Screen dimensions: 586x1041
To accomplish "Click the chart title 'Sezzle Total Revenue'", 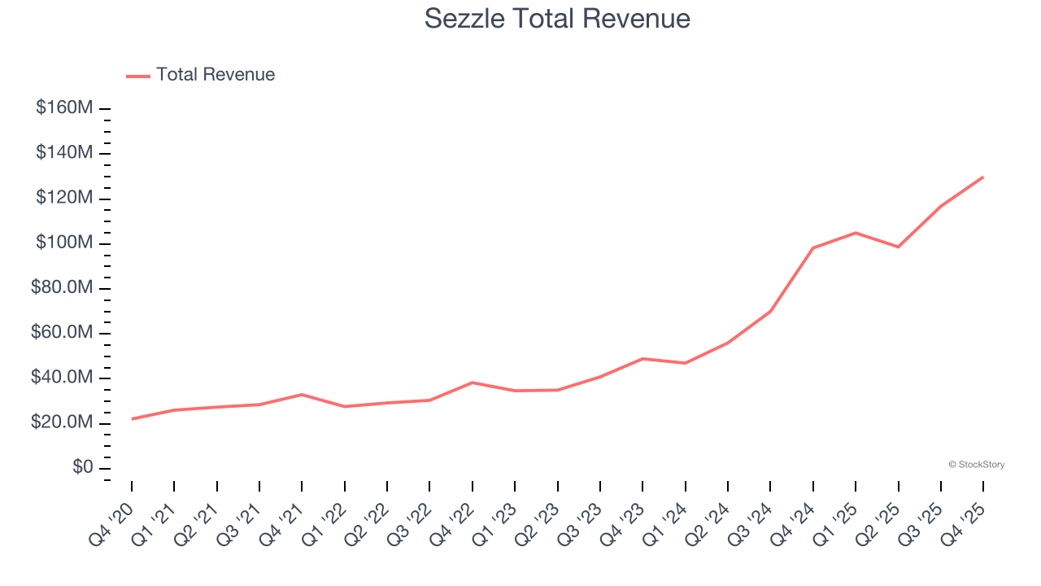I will pos(557,19).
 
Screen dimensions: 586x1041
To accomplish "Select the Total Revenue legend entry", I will pos(201,75).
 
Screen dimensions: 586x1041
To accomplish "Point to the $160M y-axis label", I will pos(64,108).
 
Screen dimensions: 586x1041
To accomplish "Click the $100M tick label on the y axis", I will pos(64,243).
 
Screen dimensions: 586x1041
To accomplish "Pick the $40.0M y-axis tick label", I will pos(61,378).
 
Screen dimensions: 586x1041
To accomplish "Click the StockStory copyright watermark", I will pos(976,465).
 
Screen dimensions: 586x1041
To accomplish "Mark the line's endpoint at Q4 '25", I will pos(982,177).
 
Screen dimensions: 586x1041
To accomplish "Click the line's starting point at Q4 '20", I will pos(132,419).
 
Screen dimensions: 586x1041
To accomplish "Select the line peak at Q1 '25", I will pos(855,233).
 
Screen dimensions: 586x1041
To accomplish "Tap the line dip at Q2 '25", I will pos(898,247).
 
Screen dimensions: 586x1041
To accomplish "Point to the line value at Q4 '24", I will pos(812,248).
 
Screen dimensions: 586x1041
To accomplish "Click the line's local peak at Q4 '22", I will pos(473,383).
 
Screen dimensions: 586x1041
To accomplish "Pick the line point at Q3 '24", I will pos(770,311).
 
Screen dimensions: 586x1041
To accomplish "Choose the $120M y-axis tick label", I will pos(64,199).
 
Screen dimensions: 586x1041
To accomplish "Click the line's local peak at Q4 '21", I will pos(302,395).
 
